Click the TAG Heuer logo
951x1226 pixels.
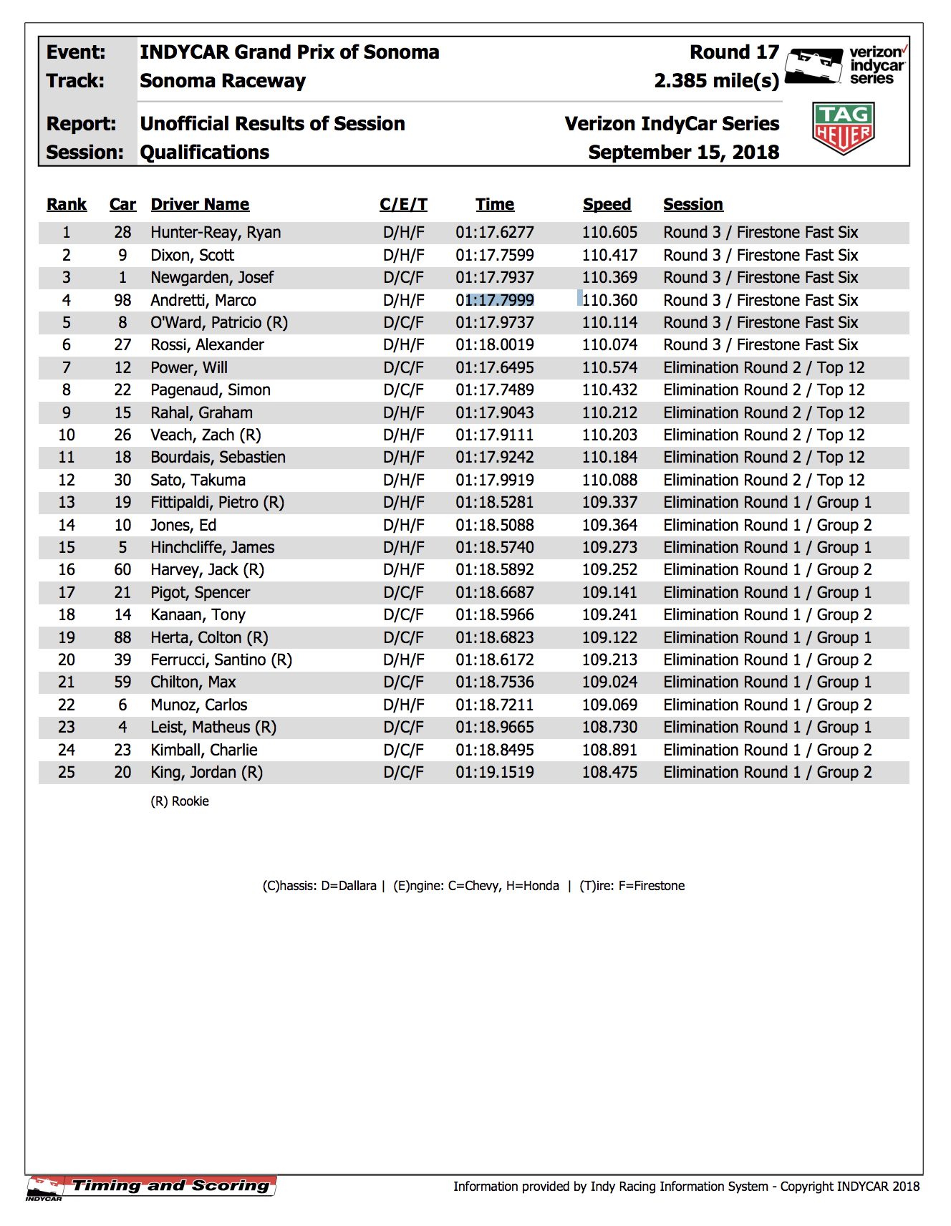click(843, 128)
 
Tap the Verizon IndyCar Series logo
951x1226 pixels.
click(846, 66)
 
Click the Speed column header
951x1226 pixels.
click(607, 205)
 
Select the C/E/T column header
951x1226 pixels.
click(403, 205)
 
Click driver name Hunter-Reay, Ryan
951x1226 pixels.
click(216, 233)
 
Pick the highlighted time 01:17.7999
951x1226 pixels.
click(495, 300)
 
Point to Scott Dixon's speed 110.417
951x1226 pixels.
click(609, 256)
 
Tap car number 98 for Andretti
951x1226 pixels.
click(122, 300)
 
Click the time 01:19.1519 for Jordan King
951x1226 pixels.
click(495, 773)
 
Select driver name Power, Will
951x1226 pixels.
click(189, 368)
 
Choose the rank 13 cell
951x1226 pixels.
click(67, 503)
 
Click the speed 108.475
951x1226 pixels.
click(609, 773)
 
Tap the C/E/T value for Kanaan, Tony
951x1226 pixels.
click(403, 615)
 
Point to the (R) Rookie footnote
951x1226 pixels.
click(180, 801)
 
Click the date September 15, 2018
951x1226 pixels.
click(683, 153)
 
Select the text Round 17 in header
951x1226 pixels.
click(734, 52)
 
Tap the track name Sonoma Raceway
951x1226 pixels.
click(223, 81)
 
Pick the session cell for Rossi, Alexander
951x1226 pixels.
click(761, 345)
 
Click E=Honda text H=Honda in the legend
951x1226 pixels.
click(532, 886)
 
